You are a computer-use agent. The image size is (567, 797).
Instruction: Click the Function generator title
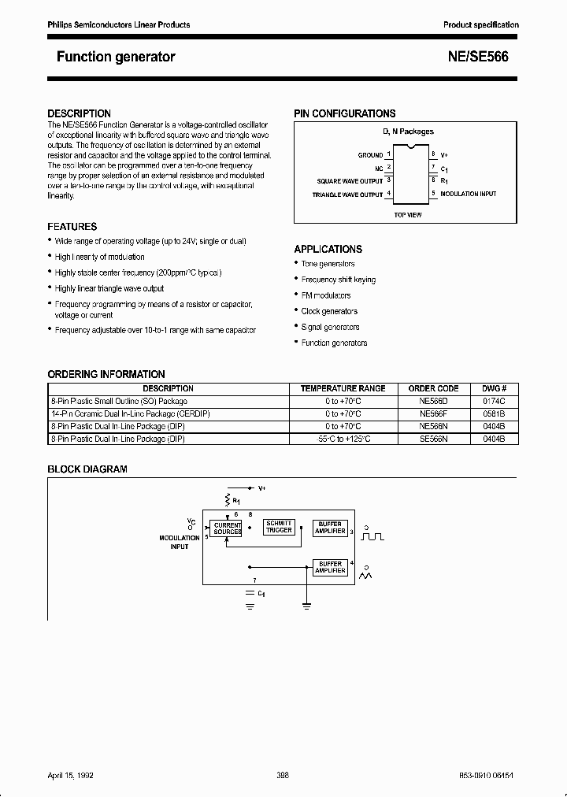coord(116,57)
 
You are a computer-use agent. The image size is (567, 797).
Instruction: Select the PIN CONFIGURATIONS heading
coord(344,113)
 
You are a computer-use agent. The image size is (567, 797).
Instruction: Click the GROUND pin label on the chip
coord(370,155)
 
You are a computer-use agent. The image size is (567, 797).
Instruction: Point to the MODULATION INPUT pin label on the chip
coord(469,194)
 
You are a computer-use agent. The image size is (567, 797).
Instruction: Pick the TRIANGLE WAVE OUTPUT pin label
coord(347,194)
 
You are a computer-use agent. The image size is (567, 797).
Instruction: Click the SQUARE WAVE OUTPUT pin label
coord(350,181)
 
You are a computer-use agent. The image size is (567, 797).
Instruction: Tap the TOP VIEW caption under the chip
coord(407,214)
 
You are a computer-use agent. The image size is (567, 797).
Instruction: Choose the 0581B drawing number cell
coord(494,413)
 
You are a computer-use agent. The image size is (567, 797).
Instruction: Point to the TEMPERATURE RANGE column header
coord(343,388)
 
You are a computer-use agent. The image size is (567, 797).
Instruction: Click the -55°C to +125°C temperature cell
coord(343,439)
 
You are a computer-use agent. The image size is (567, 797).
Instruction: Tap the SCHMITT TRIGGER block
coord(279,527)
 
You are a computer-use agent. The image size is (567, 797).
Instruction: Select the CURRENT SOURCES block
coord(228,528)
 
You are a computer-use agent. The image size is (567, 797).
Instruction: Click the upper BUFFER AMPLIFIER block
coord(330,528)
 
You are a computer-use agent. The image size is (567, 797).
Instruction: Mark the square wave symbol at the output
coord(372,537)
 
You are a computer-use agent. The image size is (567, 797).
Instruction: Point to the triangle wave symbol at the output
coord(366,577)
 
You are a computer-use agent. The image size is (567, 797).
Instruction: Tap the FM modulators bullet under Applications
coord(326,295)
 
